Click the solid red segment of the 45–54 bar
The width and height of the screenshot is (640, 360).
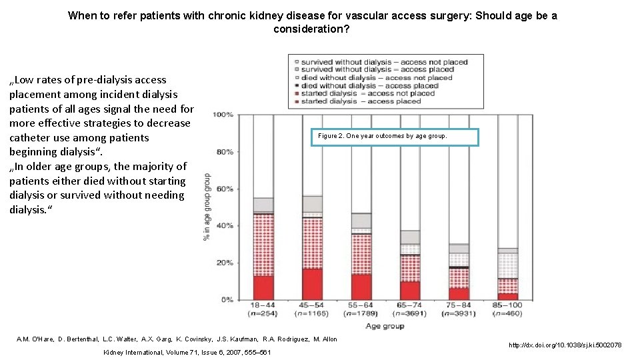pos(312,284)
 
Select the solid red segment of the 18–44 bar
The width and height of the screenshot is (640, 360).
pos(263,287)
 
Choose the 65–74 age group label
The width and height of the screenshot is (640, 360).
pos(409,305)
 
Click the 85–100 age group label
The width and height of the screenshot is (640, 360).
pos(507,305)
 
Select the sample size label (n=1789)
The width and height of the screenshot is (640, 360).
pos(361,313)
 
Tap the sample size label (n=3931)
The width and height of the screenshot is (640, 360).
pos(458,313)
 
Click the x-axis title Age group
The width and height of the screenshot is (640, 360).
pos(385,326)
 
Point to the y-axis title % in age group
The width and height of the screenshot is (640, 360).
pos(209,207)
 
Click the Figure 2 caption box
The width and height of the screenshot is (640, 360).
pos(395,137)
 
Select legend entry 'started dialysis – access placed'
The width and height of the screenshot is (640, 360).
pos(361,101)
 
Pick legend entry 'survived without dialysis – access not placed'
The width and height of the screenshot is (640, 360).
pos(384,62)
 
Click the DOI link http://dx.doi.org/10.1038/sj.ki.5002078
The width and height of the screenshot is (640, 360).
pos(565,345)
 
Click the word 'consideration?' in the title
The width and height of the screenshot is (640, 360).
pos(311,29)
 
